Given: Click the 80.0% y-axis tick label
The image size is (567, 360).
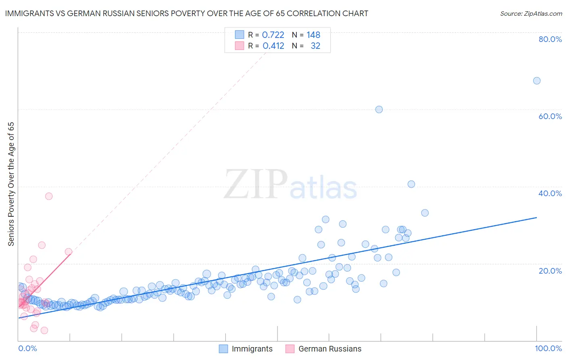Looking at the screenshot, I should [550, 39].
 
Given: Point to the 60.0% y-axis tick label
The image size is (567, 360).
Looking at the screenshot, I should [550, 116].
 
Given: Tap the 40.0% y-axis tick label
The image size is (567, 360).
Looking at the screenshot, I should [550, 193].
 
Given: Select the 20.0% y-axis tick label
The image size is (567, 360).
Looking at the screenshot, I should [550, 271].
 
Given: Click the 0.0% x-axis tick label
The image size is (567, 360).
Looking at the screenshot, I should [27, 348].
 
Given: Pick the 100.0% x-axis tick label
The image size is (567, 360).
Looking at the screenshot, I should [548, 348].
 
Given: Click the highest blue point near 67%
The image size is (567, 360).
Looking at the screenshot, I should [536, 81].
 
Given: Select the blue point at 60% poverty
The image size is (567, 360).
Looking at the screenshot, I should [379, 109].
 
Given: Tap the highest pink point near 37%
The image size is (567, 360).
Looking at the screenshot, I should [49, 196].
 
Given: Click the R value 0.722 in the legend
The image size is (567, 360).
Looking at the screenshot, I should [273, 35].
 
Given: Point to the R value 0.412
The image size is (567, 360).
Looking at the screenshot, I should [273, 46].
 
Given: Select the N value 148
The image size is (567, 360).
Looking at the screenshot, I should [313, 35].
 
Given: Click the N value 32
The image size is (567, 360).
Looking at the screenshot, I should [315, 46].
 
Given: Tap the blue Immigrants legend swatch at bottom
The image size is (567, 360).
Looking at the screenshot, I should [223, 349].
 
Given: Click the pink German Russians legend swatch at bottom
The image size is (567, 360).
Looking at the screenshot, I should [290, 349].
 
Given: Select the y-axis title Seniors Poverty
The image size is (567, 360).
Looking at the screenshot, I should [11, 184].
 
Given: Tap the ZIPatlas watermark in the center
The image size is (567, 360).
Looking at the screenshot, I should [290, 184].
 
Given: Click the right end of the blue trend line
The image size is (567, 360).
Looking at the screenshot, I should [536, 218].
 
